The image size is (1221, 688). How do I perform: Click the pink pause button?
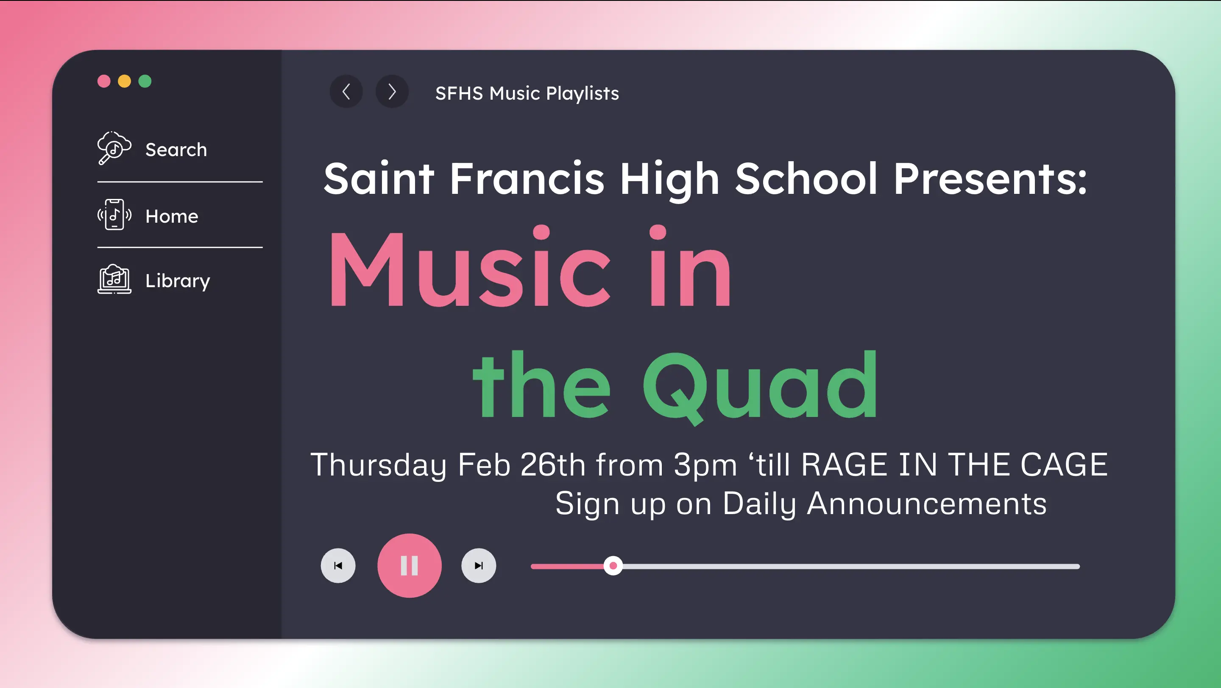click(x=409, y=565)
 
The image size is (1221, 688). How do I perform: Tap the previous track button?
click(x=338, y=565)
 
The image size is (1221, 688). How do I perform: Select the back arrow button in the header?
click(x=346, y=92)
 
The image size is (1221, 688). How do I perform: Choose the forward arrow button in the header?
click(x=391, y=92)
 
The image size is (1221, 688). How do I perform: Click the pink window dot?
click(x=104, y=81)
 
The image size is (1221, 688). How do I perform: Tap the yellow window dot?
click(x=124, y=81)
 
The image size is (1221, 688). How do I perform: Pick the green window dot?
click(x=145, y=81)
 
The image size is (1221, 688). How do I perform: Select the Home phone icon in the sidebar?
click(x=114, y=215)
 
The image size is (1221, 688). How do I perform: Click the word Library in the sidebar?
click(x=178, y=281)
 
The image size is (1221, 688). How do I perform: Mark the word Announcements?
click(x=927, y=503)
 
